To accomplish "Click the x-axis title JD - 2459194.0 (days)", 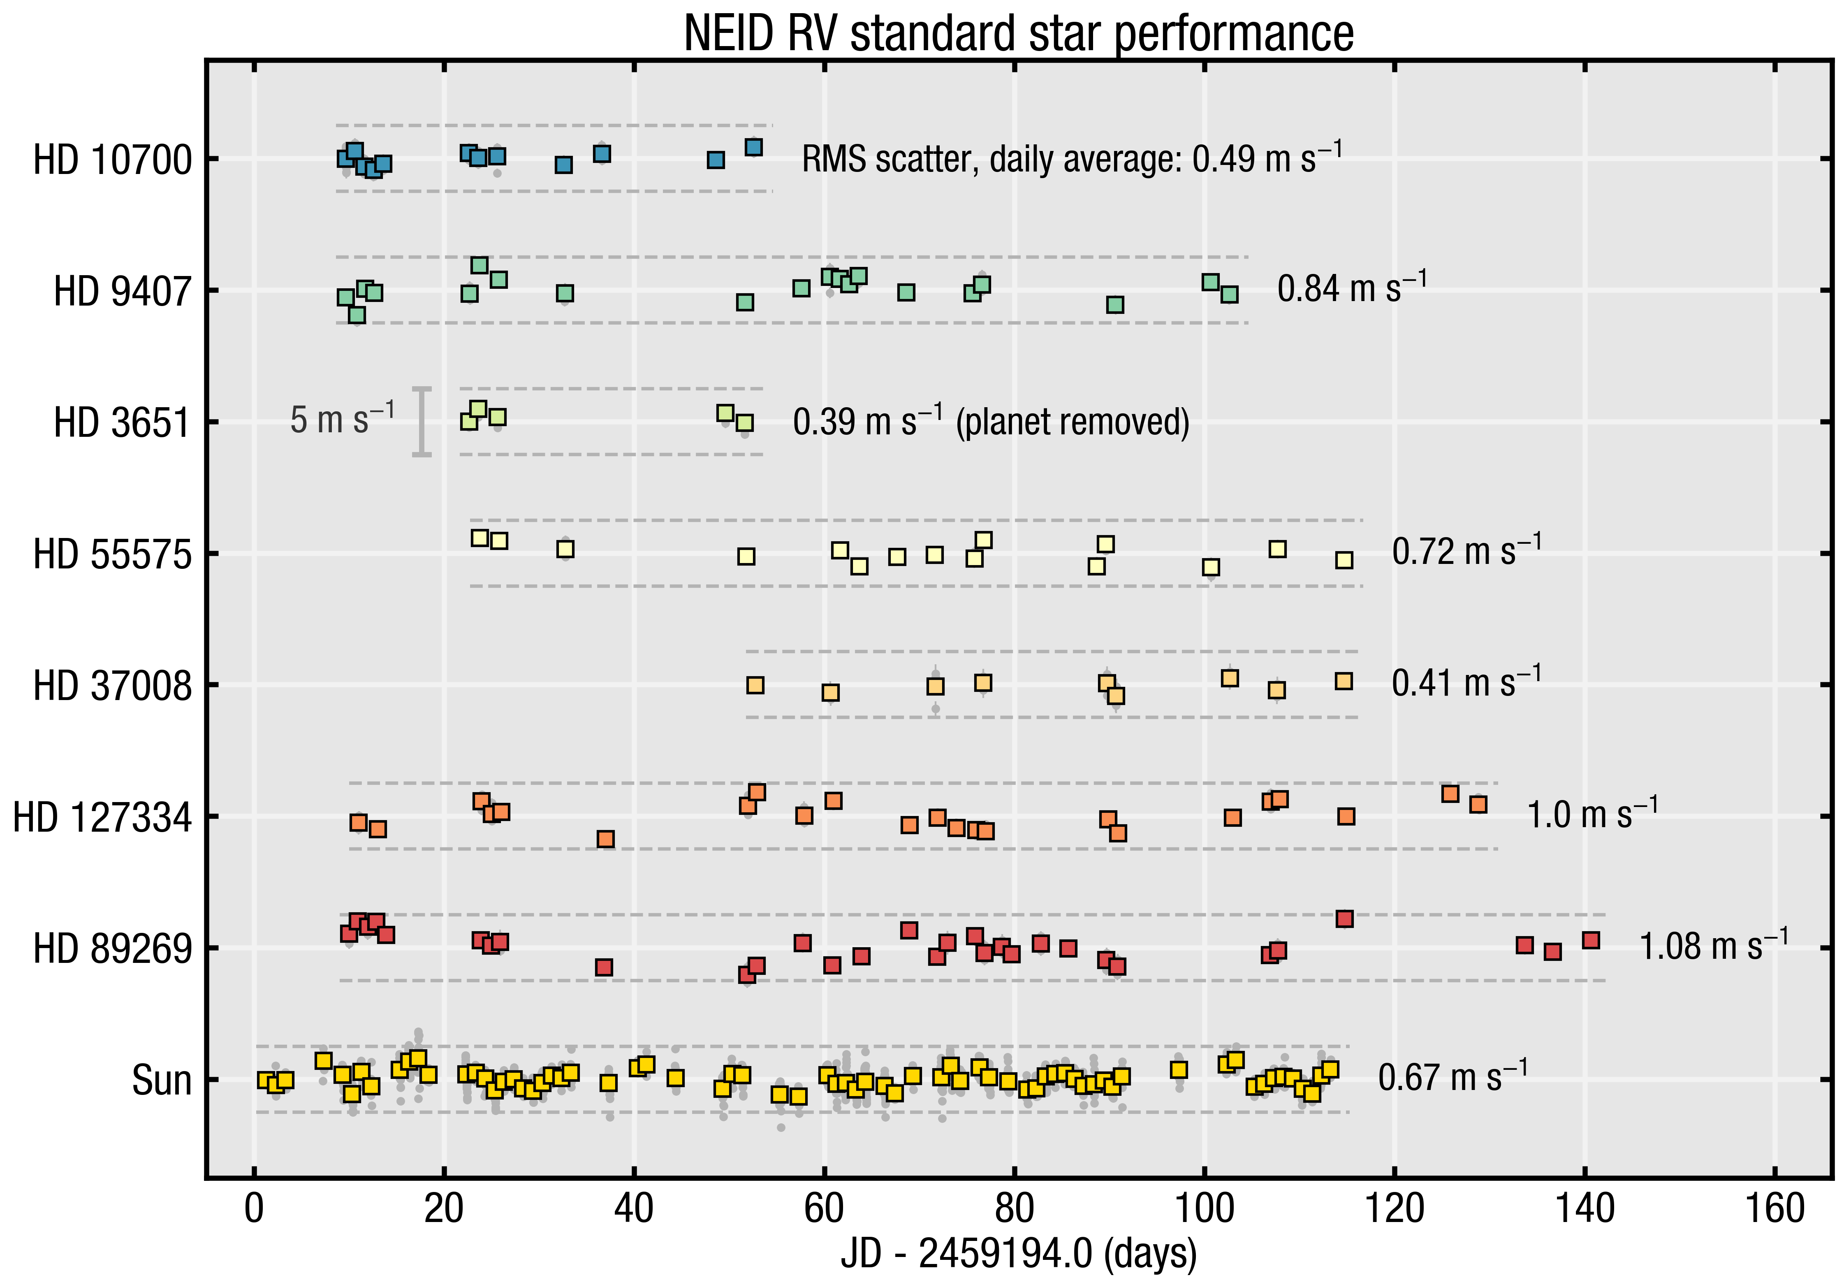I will tap(1018, 1253).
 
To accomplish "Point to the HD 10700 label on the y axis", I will tap(112, 160).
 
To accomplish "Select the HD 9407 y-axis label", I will tap(123, 291).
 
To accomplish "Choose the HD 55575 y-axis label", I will tap(112, 554).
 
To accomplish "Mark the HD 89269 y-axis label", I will tap(112, 949).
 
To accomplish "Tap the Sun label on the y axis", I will tap(162, 1081).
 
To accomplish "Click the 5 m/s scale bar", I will tap(422, 422).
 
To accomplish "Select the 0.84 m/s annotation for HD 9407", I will tap(1352, 288).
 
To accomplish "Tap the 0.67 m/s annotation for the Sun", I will tap(1452, 1076).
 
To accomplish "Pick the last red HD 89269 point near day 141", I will tap(1590, 940).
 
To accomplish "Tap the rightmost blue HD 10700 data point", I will tap(753, 147).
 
